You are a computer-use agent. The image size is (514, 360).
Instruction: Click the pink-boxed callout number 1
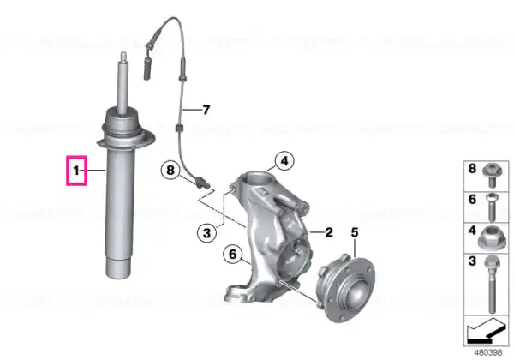point(76,171)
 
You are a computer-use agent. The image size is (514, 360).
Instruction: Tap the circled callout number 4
point(284,161)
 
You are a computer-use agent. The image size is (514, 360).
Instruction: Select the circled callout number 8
point(170,171)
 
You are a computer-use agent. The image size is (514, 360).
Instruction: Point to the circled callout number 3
point(206,233)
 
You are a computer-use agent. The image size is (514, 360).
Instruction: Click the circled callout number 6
point(232,254)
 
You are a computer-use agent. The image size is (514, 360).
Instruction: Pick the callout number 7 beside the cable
point(206,110)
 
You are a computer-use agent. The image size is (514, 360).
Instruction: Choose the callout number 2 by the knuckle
point(329,232)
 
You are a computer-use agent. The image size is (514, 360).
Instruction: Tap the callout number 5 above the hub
point(355,232)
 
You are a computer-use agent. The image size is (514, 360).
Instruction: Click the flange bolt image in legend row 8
point(491,175)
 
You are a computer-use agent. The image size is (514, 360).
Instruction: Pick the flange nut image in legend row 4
point(490,237)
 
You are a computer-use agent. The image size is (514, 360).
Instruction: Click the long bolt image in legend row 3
point(491,285)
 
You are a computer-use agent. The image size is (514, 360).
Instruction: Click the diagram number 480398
point(488,352)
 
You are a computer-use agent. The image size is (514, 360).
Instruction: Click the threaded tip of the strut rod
point(123,57)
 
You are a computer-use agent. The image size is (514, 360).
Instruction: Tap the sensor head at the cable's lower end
point(202,183)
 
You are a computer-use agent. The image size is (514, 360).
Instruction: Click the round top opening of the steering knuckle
point(258,180)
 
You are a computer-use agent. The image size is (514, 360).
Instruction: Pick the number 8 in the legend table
point(472,169)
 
